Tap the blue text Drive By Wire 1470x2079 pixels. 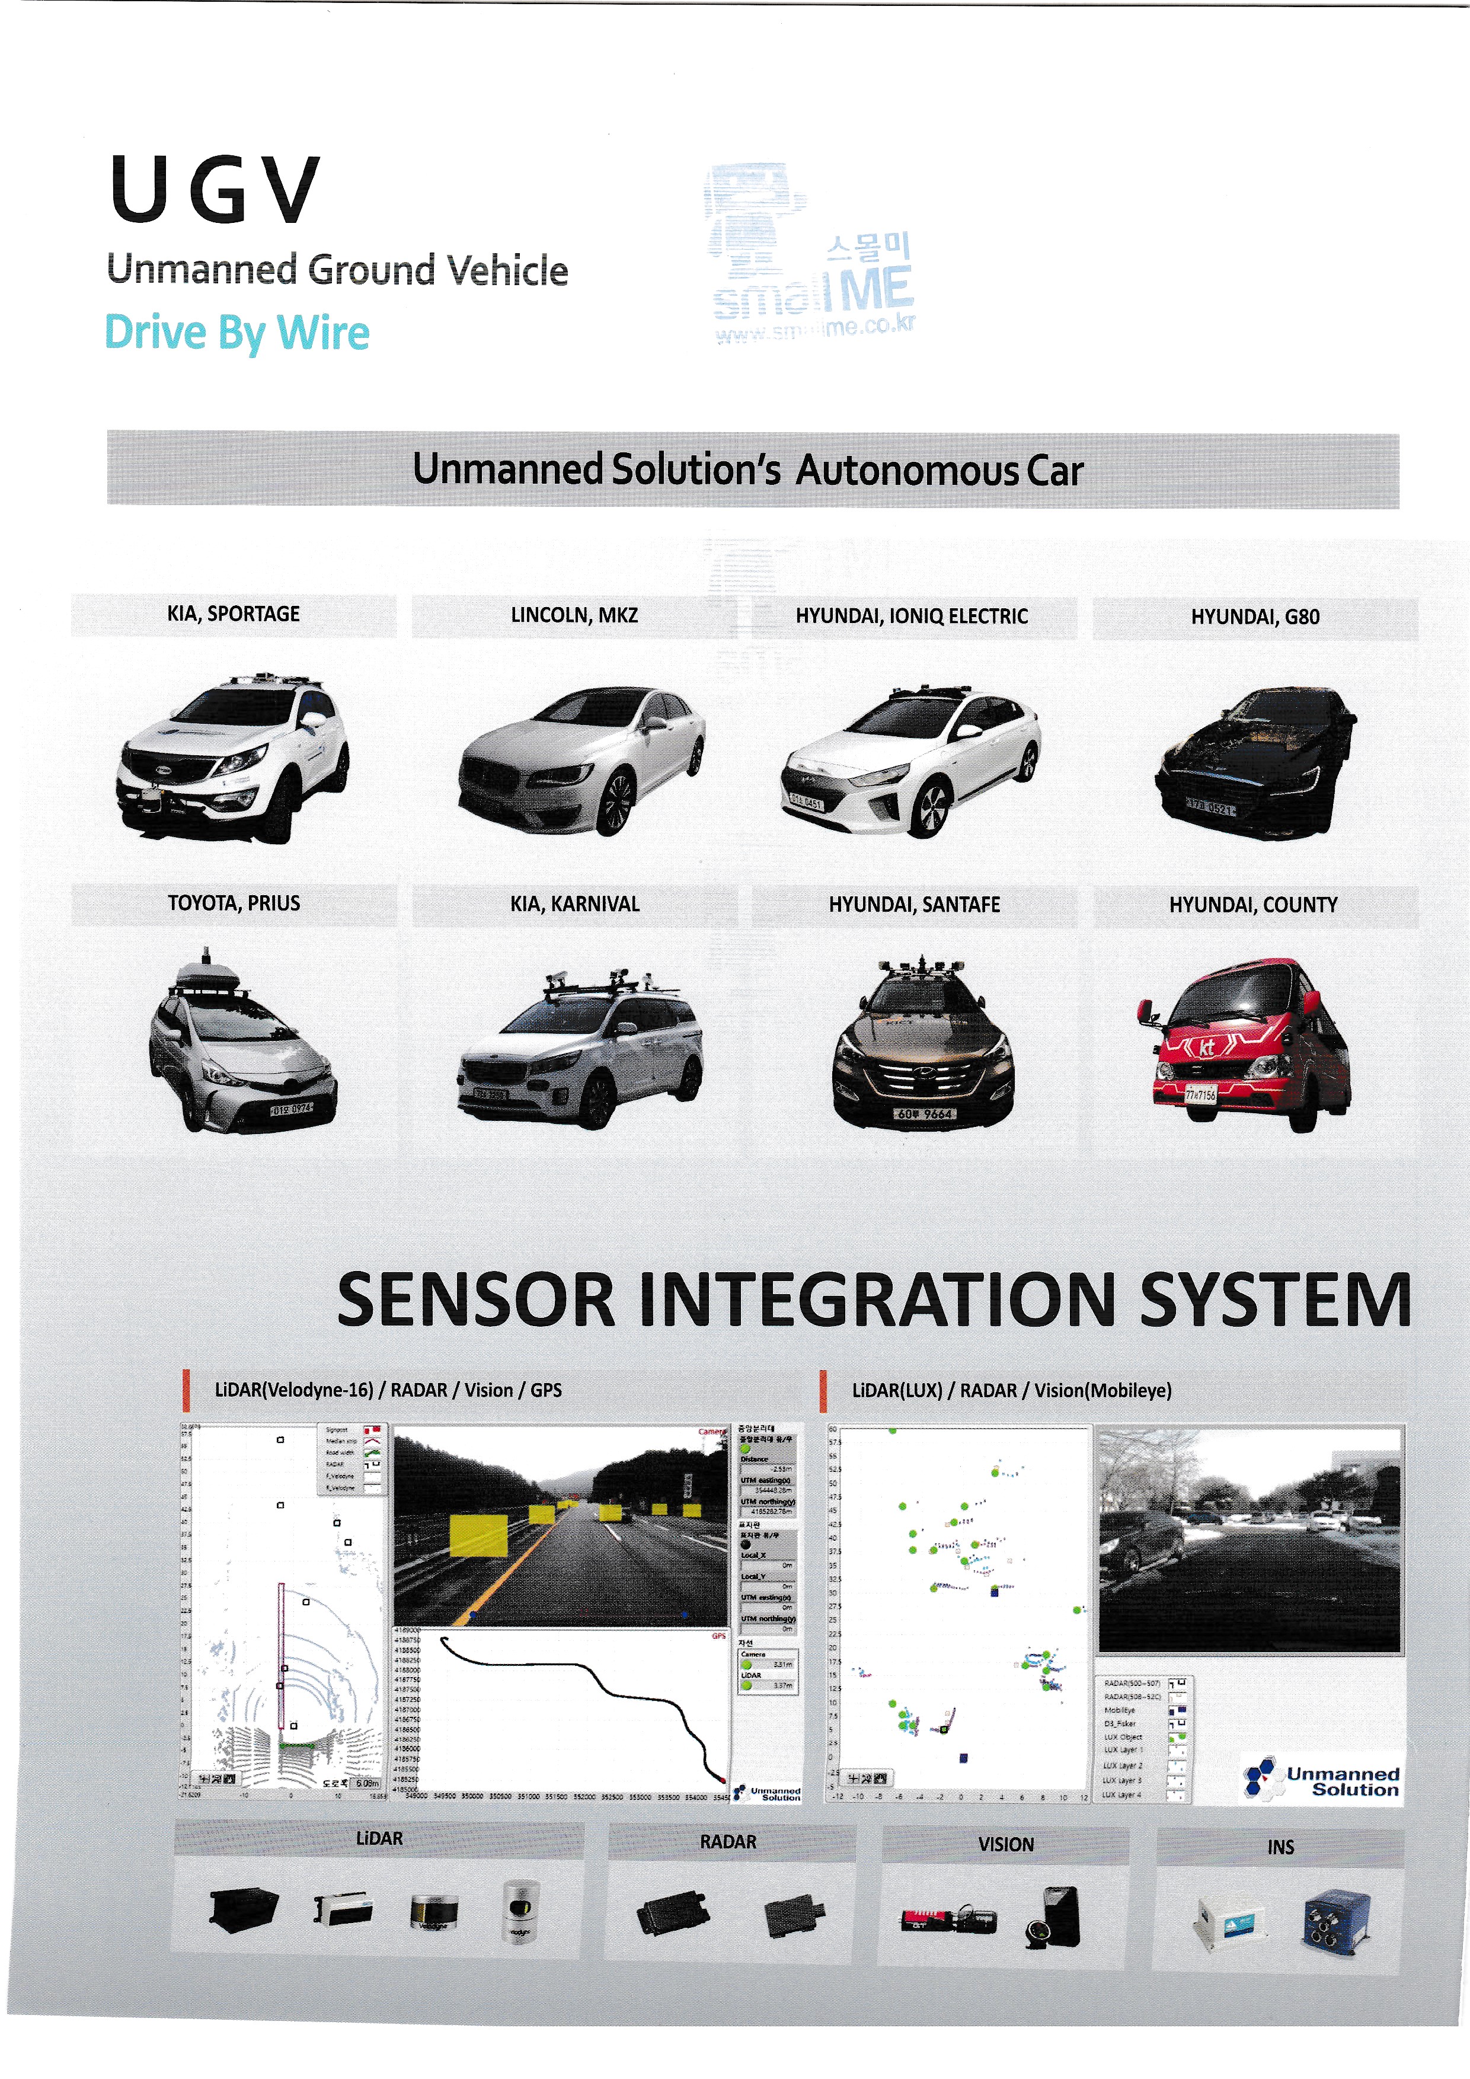tap(237, 333)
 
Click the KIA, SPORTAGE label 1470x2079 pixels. tap(234, 614)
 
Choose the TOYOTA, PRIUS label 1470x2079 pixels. tap(234, 903)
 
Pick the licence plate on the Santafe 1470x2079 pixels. tap(924, 1114)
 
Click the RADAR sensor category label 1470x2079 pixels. tap(728, 1842)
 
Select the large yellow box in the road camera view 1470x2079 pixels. tap(478, 1537)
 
